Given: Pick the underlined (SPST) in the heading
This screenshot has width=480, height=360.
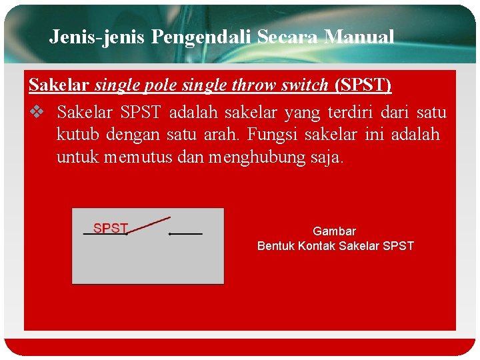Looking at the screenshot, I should pyautogui.click(x=363, y=85).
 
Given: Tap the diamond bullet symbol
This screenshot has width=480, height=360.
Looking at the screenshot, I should pyautogui.click(x=37, y=111).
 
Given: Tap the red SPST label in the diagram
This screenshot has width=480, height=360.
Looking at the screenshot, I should pyautogui.click(x=110, y=228).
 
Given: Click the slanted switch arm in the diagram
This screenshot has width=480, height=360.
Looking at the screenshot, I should pyautogui.click(x=149, y=225).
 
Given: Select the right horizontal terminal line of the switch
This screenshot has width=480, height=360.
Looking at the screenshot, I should pyautogui.click(x=186, y=234).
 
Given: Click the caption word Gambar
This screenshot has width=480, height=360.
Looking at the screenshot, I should pyautogui.click(x=335, y=231).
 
